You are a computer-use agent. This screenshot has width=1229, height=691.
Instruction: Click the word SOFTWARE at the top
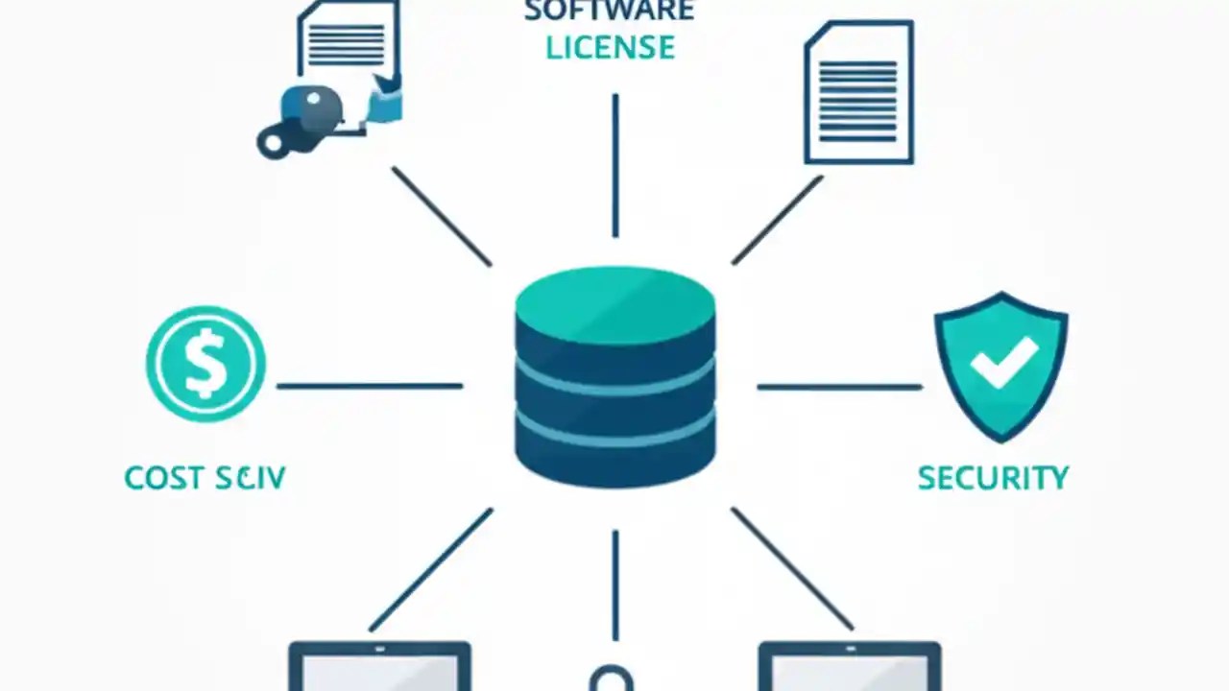pos(609,11)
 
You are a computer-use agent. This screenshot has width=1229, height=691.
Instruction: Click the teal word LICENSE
pos(610,47)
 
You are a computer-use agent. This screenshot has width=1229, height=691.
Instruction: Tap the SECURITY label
pos(993,478)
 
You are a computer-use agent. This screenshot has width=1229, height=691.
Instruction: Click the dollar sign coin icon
pos(205,365)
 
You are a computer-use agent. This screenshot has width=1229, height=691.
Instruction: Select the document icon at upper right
pos(858,93)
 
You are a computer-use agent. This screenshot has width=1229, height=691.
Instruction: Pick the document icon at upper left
pos(348,43)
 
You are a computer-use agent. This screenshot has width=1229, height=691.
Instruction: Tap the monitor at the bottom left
pos(379,667)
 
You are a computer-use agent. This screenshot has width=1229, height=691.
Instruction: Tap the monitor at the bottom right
pos(849,667)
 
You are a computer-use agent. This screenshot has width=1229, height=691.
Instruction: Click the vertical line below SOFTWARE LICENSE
pos(615,165)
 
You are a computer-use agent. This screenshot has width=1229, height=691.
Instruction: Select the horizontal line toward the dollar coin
pos(370,387)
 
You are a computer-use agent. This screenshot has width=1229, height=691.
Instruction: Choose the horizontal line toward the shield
pos(839,387)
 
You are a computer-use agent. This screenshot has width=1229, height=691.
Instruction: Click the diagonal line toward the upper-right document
pos(778,220)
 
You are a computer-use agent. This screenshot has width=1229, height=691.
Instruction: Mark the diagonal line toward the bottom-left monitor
pos(431,569)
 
